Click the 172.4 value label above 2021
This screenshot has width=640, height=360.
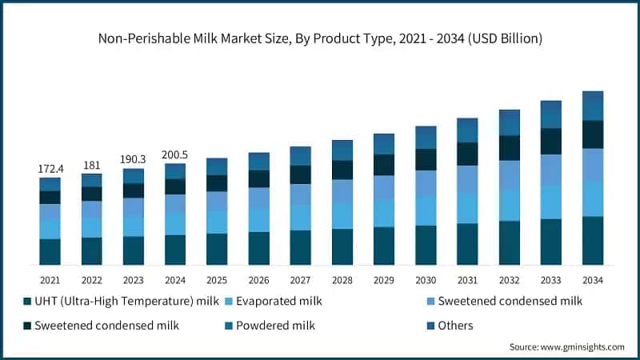point(50,170)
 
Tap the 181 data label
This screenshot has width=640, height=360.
point(91,166)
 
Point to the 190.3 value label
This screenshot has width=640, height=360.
point(133,160)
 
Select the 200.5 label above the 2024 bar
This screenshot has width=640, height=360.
point(174,154)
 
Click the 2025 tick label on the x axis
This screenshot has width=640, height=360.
point(217,280)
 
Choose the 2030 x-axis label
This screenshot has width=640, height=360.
point(426,280)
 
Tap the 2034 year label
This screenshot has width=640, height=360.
point(592,280)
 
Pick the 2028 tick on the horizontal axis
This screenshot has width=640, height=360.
point(342,280)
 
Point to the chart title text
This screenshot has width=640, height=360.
point(320,37)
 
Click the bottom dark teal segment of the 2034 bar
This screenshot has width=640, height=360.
point(592,241)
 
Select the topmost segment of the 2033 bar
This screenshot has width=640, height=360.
point(550,114)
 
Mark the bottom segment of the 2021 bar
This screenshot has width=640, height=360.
point(50,252)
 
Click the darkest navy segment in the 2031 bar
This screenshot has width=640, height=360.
point(467,154)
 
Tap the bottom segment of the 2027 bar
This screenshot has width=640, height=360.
point(300,248)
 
